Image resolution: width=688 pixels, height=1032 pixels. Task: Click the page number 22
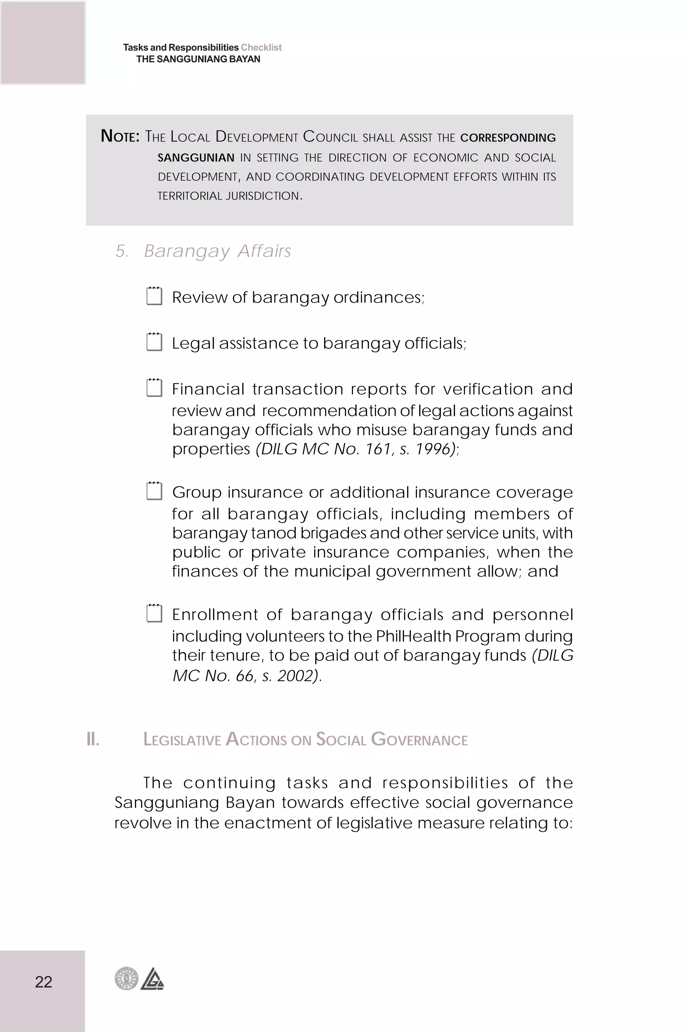tap(43, 982)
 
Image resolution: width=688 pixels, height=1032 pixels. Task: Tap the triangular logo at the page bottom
tap(152, 979)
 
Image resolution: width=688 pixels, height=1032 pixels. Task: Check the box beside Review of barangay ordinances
tap(154, 296)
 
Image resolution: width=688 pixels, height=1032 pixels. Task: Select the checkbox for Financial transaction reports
tap(154, 388)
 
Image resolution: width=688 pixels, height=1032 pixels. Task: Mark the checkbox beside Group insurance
tap(154, 491)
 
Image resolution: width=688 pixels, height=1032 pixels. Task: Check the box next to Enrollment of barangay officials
tap(154, 613)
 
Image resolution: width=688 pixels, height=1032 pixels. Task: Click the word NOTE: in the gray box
tap(120, 136)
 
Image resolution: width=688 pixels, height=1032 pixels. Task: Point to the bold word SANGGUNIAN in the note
tap(196, 158)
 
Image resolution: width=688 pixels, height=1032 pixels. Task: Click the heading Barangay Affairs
tap(217, 251)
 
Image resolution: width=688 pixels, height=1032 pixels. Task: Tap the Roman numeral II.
tap(93, 739)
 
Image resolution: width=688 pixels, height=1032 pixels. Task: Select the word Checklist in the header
tap(261, 47)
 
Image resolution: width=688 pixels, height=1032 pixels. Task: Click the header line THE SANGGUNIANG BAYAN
tap(198, 59)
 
